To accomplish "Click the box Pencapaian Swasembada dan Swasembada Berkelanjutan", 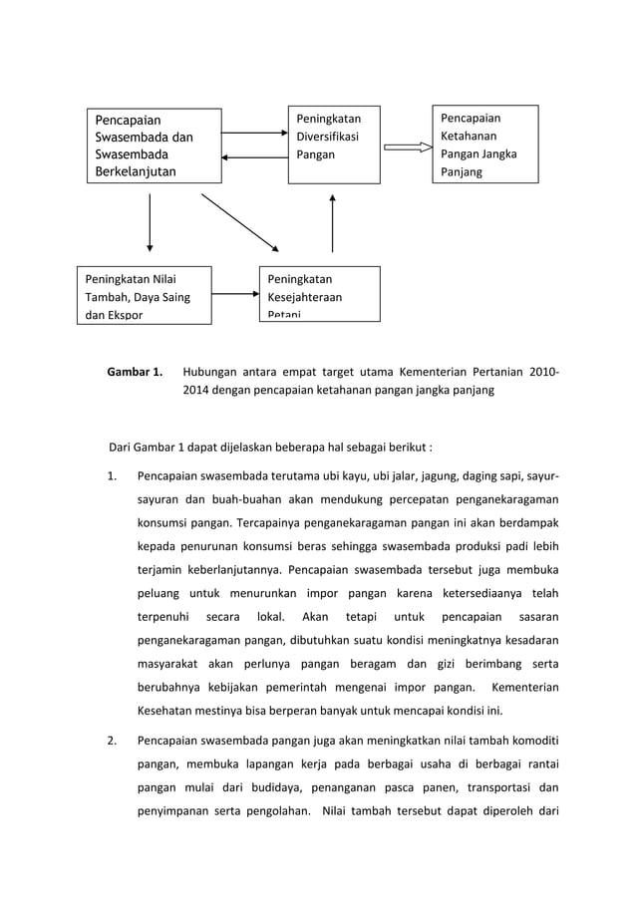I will point(153,146).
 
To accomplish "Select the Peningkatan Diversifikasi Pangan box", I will point(334,145).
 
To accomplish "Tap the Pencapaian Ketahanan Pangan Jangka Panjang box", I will point(484,145).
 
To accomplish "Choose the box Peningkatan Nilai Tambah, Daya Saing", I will point(145,295).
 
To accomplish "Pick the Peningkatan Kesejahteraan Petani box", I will point(319,294).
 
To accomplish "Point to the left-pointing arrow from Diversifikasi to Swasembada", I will point(254,157).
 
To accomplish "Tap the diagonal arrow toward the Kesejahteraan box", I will point(240,221).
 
